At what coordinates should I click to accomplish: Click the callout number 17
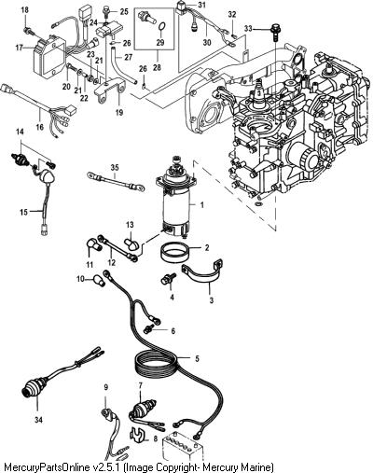click(19, 49)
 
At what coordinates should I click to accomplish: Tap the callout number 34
click(38, 420)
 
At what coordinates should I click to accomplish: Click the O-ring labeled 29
click(161, 28)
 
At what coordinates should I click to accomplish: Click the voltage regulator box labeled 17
click(49, 57)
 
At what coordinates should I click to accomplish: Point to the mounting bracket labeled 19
click(110, 90)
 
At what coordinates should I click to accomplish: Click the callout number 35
click(115, 168)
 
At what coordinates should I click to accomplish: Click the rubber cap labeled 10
click(99, 281)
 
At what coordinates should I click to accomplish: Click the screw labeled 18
click(29, 31)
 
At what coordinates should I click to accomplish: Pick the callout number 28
click(158, 67)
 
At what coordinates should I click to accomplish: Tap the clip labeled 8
click(136, 434)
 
